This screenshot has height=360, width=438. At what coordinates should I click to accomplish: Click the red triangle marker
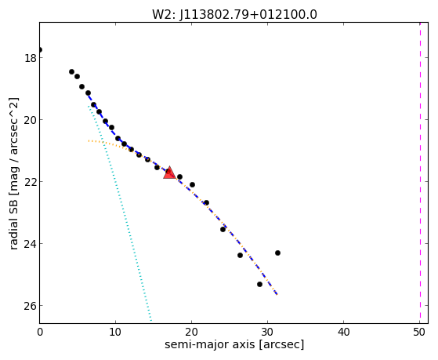pos(169,173)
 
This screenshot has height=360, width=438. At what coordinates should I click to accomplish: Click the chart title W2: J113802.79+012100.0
pos(234,15)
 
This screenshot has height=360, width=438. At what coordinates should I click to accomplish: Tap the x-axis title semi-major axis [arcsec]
pos(234,344)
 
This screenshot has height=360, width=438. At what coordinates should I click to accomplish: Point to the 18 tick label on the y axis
pos(30,58)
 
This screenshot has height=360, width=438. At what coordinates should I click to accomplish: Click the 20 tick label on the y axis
pos(30,120)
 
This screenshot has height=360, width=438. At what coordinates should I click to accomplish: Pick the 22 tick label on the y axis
pos(30,182)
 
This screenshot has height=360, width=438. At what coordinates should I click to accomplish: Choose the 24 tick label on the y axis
pos(30,244)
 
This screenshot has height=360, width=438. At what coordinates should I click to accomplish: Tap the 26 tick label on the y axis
pos(30,306)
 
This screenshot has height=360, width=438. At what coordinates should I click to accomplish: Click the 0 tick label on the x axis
pos(40,333)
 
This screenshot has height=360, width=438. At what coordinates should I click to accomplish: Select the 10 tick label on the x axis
pos(115,333)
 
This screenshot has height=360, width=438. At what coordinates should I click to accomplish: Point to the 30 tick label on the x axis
pos(268,333)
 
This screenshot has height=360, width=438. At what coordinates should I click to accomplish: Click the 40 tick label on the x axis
pos(344,333)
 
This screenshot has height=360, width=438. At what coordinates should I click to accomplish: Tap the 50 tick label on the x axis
pos(419,333)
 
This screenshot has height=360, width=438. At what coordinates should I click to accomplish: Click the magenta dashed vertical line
pos(420,173)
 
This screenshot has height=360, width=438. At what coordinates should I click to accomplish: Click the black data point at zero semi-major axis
pos(40,49)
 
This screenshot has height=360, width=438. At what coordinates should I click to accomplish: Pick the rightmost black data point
pos(277,253)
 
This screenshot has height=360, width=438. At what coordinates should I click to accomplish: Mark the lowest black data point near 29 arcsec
pos(259,284)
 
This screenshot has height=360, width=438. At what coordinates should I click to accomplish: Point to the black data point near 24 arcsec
pos(223,229)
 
